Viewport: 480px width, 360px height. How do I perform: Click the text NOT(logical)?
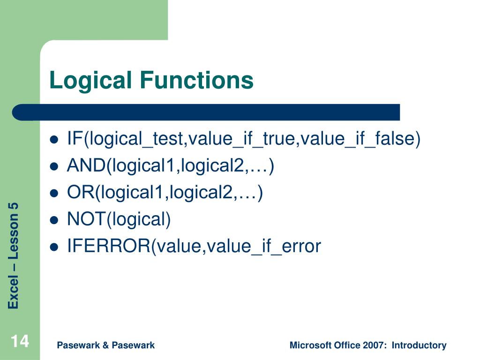(x=119, y=219)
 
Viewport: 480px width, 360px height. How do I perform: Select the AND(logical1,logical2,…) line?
(x=170, y=166)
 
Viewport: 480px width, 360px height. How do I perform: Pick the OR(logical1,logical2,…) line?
(x=165, y=193)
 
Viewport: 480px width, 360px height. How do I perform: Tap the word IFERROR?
(x=108, y=246)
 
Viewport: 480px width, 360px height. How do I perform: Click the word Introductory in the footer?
(x=419, y=345)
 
